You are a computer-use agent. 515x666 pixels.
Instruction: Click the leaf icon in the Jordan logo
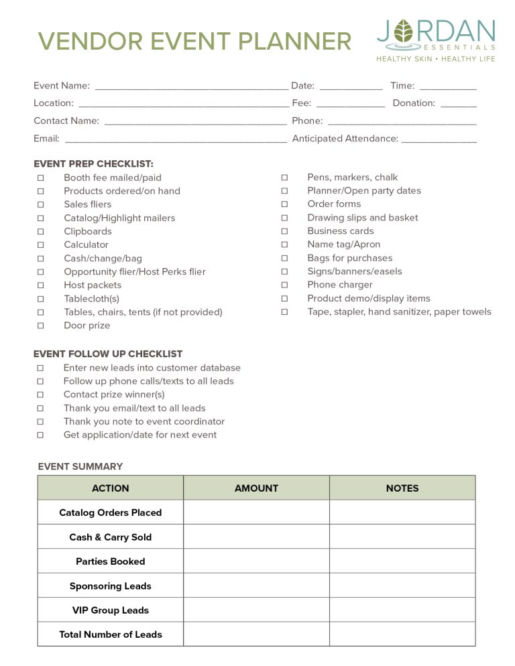[404, 31]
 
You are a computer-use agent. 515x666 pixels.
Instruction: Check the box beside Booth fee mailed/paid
[41, 178]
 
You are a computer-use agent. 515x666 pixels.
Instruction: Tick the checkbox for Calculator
[41, 245]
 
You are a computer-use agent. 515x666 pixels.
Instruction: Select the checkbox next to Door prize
[41, 326]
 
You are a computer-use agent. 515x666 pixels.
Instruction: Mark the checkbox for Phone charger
[284, 285]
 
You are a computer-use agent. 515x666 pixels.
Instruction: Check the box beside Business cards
[284, 231]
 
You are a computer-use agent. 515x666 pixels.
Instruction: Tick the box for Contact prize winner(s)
[41, 395]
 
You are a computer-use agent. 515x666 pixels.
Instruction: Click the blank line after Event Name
[191, 87]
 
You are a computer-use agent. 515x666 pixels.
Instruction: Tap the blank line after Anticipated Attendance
[439, 140]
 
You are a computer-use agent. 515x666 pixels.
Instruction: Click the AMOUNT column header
[256, 488]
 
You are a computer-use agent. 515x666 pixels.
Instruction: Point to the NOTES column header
[402, 488]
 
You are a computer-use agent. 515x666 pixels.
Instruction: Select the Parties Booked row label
[111, 561]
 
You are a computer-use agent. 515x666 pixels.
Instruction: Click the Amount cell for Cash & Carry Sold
[256, 537]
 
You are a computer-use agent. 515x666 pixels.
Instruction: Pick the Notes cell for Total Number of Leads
[402, 635]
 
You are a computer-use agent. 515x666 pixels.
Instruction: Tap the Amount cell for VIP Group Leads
[256, 610]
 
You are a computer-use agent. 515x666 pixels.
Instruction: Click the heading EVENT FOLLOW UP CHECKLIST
[108, 354]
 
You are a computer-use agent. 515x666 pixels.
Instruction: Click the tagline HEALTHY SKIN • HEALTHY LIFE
[436, 59]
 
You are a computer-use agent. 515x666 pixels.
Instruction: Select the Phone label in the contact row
[307, 121]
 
